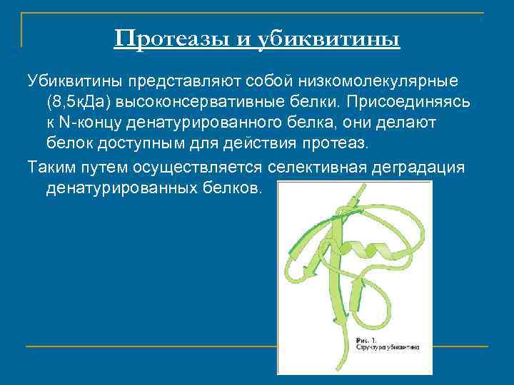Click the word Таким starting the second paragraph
pos(51,167)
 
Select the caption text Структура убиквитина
pos(388,347)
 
